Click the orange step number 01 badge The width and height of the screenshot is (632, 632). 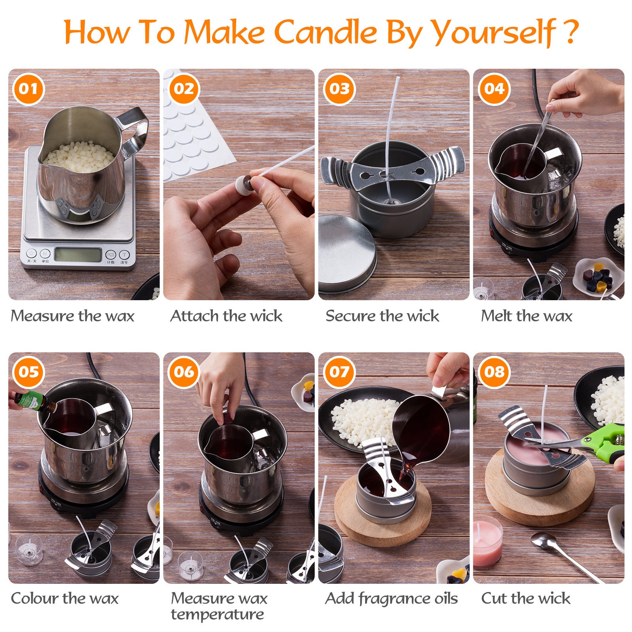(x=28, y=88)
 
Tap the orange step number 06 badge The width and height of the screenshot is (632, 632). (x=184, y=372)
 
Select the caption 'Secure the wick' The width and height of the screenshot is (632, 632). (x=382, y=316)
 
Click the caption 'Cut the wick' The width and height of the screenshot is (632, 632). (x=525, y=598)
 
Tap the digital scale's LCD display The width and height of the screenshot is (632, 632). (x=77, y=254)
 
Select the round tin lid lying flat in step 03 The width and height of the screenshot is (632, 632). (x=347, y=253)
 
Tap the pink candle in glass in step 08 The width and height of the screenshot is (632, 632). (x=487, y=541)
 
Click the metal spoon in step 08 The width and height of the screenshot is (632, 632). (x=561, y=553)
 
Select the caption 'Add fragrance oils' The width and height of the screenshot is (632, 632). (x=391, y=598)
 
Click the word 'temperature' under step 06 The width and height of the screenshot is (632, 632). (x=217, y=615)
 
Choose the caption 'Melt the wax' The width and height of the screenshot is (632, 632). (x=526, y=316)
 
